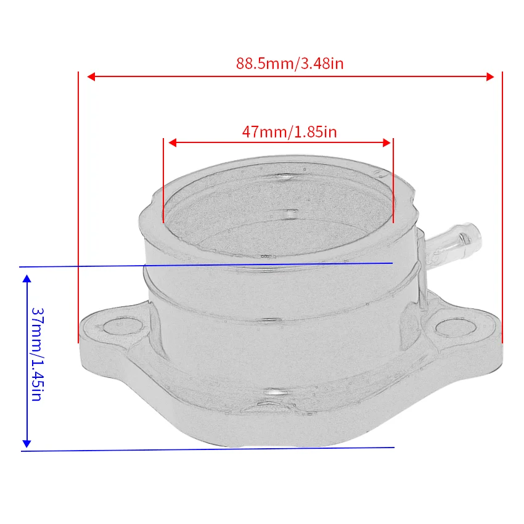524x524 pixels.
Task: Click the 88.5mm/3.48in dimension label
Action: click(290, 63)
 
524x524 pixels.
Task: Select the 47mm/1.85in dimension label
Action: click(289, 132)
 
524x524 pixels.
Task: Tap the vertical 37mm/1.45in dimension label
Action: click(37, 354)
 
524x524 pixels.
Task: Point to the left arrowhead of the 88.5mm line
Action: click(91, 77)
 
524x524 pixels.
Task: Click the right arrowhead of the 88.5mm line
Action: click(490, 77)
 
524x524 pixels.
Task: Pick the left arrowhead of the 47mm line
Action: click(173, 143)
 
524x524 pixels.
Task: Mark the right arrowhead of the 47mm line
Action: click(387, 143)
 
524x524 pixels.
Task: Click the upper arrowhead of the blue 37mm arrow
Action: click(27, 279)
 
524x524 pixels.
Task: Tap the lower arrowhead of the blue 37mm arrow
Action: click(27, 444)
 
